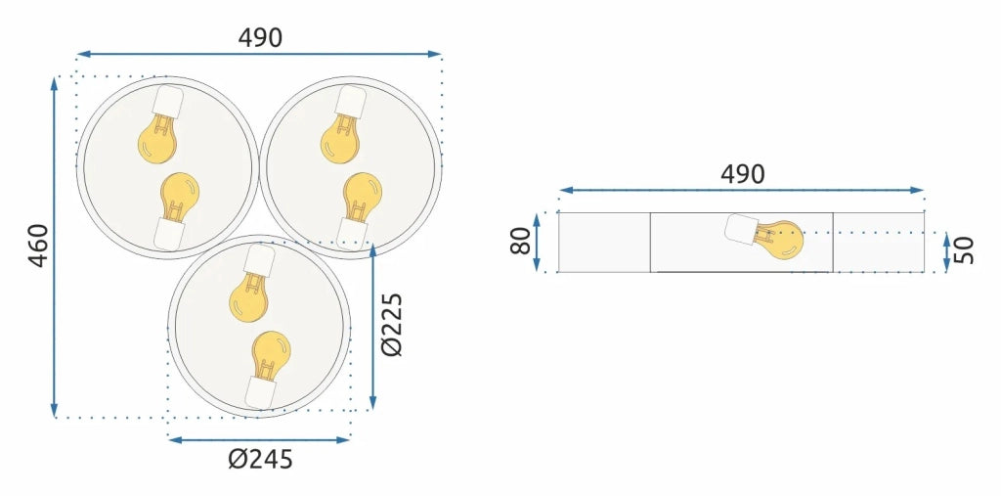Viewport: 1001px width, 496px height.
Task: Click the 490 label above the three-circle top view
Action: point(260,38)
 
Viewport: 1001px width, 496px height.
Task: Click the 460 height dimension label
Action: point(39,246)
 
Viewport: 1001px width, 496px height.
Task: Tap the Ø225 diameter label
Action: point(391,325)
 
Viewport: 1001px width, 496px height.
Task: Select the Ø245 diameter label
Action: point(260,459)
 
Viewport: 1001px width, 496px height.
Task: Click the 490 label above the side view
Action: point(743,174)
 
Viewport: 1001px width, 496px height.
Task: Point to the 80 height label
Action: point(521,241)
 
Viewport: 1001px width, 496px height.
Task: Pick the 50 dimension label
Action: point(963,249)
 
